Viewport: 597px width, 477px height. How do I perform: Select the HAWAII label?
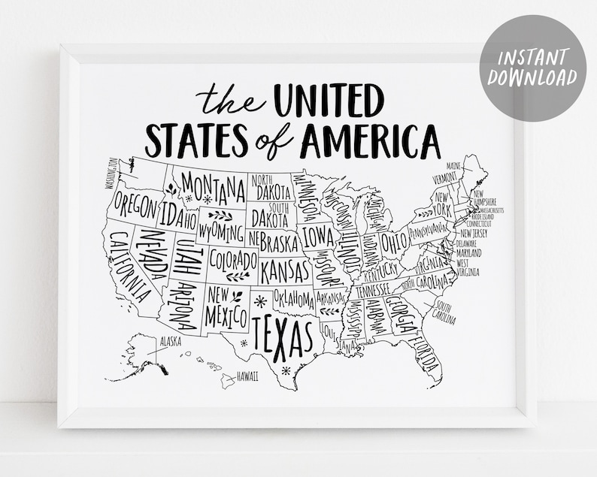coord(247,376)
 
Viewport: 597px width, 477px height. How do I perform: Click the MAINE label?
coord(453,165)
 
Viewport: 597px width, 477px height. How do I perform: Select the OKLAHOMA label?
coord(294,298)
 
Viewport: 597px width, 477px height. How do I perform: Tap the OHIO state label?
coord(393,242)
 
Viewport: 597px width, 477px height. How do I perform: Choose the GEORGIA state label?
coord(401,312)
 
